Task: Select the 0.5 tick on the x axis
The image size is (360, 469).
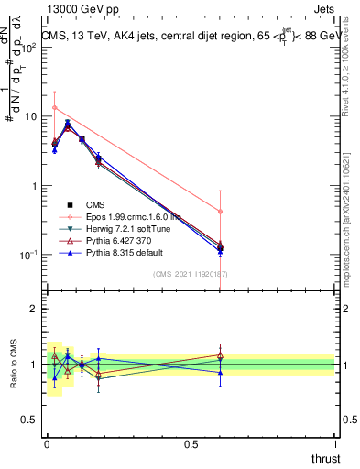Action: tap(191, 443)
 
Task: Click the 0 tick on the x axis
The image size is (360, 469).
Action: tap(47, 443)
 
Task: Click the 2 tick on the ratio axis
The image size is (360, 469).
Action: tap(33, 309)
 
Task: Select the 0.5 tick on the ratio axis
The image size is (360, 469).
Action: tap(29, 420)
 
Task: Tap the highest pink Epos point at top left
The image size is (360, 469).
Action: tap(55, 108)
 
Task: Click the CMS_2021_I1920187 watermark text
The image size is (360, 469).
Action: tap(191, 274)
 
